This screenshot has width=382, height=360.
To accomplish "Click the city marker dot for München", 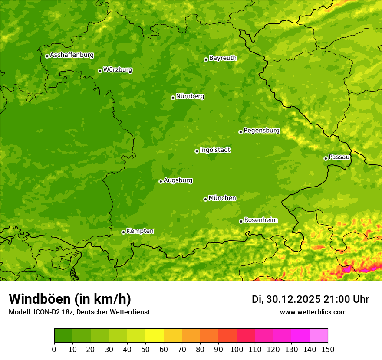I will pyautogui.click(x=205, y=199).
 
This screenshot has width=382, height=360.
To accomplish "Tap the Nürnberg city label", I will pyautogui.click(x=190, y=96).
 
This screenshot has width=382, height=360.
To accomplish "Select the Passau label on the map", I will pyautogui.click(x=339, y=157).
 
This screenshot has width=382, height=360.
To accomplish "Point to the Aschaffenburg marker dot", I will pyautogui.click(x=47, y=56).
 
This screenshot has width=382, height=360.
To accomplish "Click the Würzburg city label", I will pyautogui.click(x=118, y=70).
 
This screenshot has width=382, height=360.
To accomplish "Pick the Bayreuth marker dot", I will pyautogui.click(x=206, y=59).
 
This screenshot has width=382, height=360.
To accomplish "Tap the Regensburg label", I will pyautogui.click(x=261, y=131).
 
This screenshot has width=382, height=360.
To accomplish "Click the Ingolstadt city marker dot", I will pyautogui.click(x=197, y=151).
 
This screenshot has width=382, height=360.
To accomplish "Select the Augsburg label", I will pyautogui.click(x=178, y=180).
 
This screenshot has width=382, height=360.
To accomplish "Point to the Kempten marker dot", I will pyautogui.click(x=123, y=232).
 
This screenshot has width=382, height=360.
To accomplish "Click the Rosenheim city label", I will pyautogui.click(x=260, y=220).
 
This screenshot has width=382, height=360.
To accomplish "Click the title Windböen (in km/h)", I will pyautogui.click(x=69, y=299).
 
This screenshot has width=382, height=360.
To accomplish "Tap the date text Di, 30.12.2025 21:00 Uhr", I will pyautogui.click(x=310, y=299).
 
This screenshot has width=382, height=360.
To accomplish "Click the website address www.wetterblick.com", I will pyautogui.click(x=313, y=312).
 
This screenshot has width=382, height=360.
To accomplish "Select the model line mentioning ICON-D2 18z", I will pyautogui.click(x=79, y=312).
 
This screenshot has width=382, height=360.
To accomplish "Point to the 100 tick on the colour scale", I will pyautogui.click(x=237, y=349).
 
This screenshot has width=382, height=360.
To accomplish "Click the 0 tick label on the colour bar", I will pyautogui.click(x=54, y=349).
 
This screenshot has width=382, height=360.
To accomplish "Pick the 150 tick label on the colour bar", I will pyautogui.click(x=328, y=349).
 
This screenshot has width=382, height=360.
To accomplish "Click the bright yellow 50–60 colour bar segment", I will pyautogui.click(x=155, y=336).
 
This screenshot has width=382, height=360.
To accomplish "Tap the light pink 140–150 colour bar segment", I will pyautogui.click(x=319, y=336).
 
